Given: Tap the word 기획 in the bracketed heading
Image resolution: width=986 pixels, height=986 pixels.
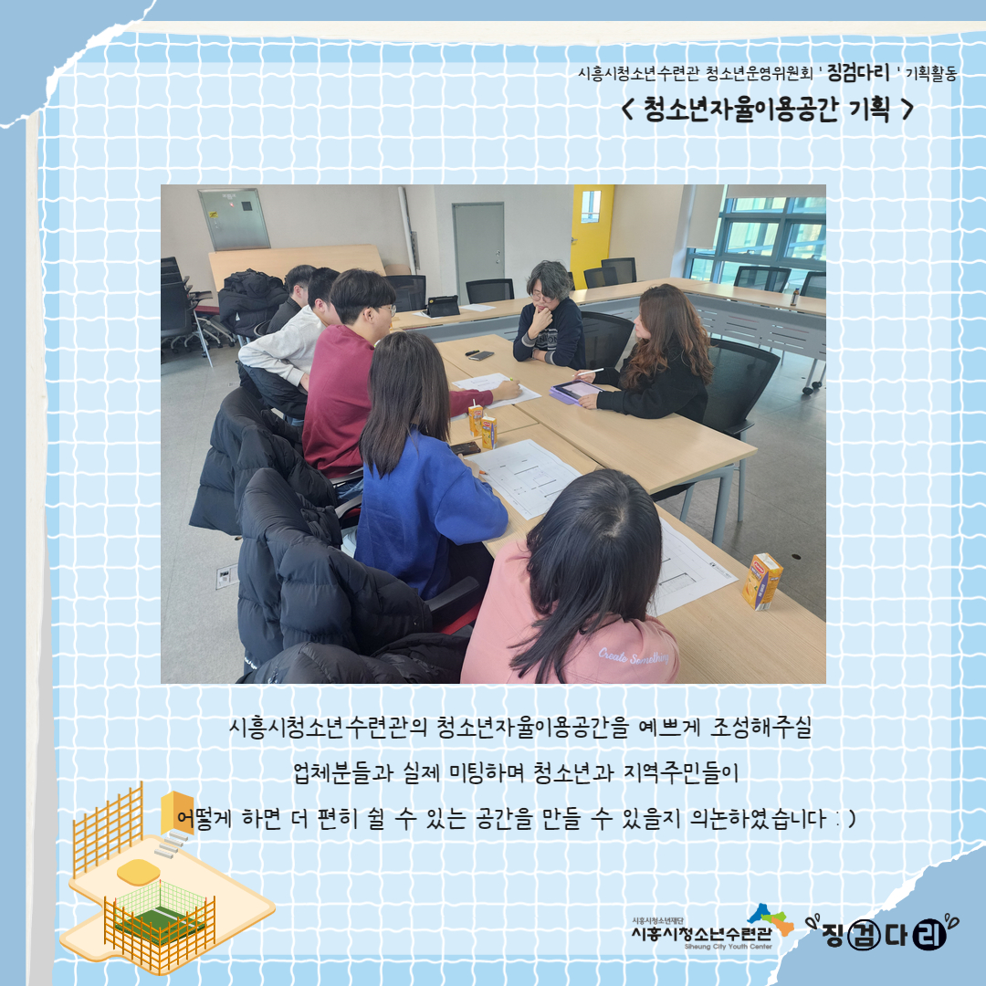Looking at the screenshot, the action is tap(870, 110).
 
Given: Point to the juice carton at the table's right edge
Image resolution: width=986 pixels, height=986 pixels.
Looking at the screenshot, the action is tap(762, 581).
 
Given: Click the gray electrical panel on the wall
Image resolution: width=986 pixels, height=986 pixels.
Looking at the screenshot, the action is tap(234, 219).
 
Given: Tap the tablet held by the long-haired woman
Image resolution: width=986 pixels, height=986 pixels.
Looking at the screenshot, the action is tap(573, 392).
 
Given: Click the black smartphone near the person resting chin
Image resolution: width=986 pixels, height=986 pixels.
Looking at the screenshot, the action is tap(481, 355).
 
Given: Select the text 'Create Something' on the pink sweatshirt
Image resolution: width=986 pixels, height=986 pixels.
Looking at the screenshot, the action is tap(634, 656).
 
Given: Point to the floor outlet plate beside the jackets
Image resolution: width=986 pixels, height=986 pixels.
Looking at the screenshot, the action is tap(227, 576).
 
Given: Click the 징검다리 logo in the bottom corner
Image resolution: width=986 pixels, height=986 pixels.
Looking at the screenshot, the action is tap(882, 932).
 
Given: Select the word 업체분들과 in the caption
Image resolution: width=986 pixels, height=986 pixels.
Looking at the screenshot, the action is tap(343, 773).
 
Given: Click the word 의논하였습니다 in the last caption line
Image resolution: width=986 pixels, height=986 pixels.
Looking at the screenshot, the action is tap(759, 818).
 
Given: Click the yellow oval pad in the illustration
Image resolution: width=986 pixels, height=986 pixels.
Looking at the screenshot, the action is tap(139, 872).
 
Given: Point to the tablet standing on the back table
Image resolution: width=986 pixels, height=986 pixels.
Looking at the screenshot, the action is tap(443, 306).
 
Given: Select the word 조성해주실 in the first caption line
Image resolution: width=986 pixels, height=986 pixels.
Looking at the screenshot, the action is tap(760, 728).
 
